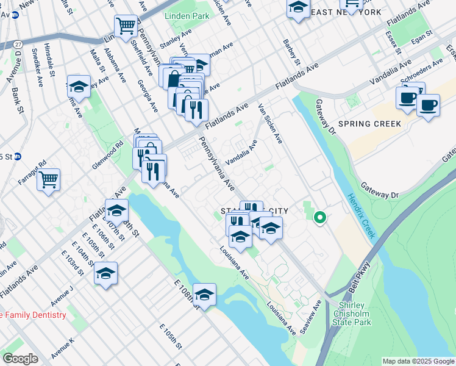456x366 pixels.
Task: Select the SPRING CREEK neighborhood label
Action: tap(370, 124)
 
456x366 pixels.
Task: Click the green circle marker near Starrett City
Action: tap(319, 217)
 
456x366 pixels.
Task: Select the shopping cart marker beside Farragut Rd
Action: tap(48, 179)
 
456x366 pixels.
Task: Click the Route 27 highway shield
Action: tap(19, 45)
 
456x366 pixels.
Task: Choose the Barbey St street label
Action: tap(292, 52)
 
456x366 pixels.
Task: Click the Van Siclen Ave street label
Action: tap(270, 123)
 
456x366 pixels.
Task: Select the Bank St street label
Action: tap(17, 101)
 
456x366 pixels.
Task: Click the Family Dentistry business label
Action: tap(33, 315)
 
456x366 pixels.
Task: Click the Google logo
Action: tap(20, 359)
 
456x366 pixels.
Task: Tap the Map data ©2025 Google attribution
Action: tap(418, 361)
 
